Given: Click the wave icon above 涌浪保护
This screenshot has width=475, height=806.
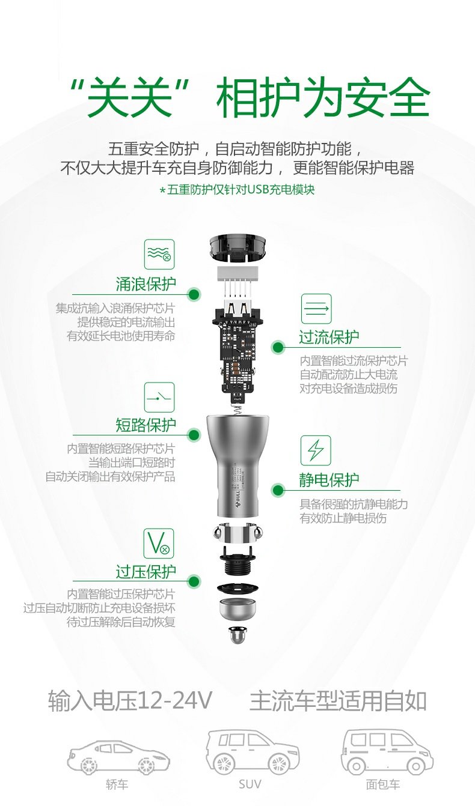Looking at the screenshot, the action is [159, 255].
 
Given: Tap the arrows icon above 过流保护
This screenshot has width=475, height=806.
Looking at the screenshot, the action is [316, 309].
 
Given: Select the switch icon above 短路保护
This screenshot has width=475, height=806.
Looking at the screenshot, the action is [159, 397].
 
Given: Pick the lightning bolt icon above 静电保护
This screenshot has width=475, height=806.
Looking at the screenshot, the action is [316, 450].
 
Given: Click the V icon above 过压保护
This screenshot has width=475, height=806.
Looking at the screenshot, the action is [159, 544].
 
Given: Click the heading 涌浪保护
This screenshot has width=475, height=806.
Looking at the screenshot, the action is [146, 284].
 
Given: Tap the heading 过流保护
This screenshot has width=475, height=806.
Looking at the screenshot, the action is [329, 337].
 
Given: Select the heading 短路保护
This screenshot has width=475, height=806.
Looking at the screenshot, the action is [146, 425].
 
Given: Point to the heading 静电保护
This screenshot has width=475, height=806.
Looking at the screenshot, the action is [329, 480].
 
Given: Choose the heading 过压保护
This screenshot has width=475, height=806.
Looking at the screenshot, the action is [146, 571].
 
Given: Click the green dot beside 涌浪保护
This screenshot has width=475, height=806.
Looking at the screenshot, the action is [194, 294].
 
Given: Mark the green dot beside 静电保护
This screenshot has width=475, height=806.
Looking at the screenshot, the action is [278, 490].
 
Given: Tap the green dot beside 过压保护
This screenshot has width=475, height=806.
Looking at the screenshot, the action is [194, 581].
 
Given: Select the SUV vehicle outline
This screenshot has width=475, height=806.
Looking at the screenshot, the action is [252, 752].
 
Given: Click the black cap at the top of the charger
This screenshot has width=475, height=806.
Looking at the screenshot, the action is [237, 247].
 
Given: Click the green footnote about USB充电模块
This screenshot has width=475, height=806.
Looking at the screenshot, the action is [237, 190].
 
